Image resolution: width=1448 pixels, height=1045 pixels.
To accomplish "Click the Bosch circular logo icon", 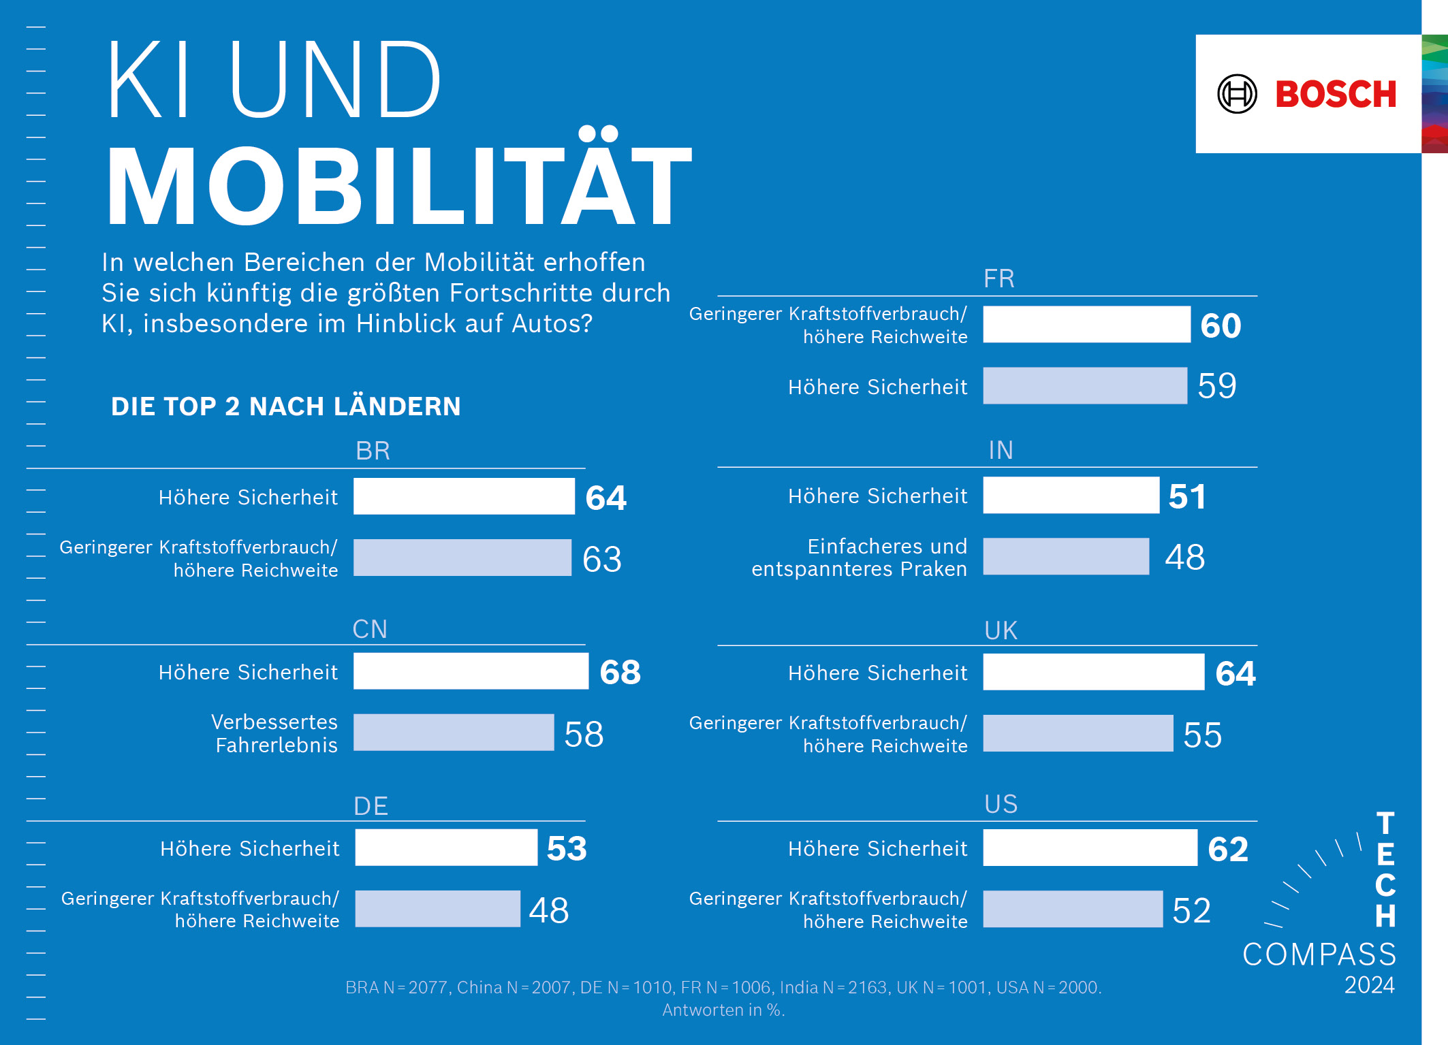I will (1237, 94).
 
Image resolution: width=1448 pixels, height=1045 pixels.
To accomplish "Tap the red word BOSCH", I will (1336, 94).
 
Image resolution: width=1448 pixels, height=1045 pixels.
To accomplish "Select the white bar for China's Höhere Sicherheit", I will (471, 671).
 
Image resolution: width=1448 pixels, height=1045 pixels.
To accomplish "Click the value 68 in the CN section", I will (620, 672).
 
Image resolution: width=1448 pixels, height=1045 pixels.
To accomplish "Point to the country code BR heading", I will (373, 451).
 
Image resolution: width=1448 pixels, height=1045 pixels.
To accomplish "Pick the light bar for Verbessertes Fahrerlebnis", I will (454, 733).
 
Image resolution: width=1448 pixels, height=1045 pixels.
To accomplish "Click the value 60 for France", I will (1221, 325).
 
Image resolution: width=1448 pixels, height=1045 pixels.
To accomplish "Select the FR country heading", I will (999, 278).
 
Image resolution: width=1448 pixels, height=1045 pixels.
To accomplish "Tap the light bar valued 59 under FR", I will (1085, 386).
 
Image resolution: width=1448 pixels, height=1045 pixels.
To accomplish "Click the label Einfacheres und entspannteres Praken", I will (859, 558).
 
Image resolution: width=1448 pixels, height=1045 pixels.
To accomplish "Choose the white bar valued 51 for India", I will (1071, 496).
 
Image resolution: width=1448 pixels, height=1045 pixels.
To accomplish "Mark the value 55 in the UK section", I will (1202, 735).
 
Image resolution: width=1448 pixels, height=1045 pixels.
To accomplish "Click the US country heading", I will (1001, 804).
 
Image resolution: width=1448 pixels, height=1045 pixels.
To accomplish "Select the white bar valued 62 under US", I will (1090, 848).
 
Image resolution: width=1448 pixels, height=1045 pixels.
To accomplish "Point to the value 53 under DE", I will (567, 848).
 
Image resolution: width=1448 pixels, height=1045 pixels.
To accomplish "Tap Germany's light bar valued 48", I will (438, 909).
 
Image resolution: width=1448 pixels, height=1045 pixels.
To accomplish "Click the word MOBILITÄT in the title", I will (399, 184).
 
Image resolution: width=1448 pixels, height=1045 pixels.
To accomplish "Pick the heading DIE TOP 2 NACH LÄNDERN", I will (286, 406).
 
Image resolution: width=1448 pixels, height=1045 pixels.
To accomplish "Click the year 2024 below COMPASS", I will (1369, 985).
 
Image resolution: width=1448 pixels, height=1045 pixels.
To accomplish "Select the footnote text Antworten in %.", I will (723, 1010).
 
